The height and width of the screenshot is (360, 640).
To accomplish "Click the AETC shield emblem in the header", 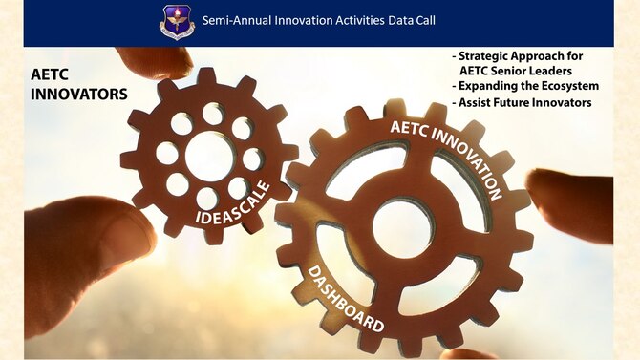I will click(177, 22).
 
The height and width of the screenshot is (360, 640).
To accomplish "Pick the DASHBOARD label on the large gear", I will click(345, 299).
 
